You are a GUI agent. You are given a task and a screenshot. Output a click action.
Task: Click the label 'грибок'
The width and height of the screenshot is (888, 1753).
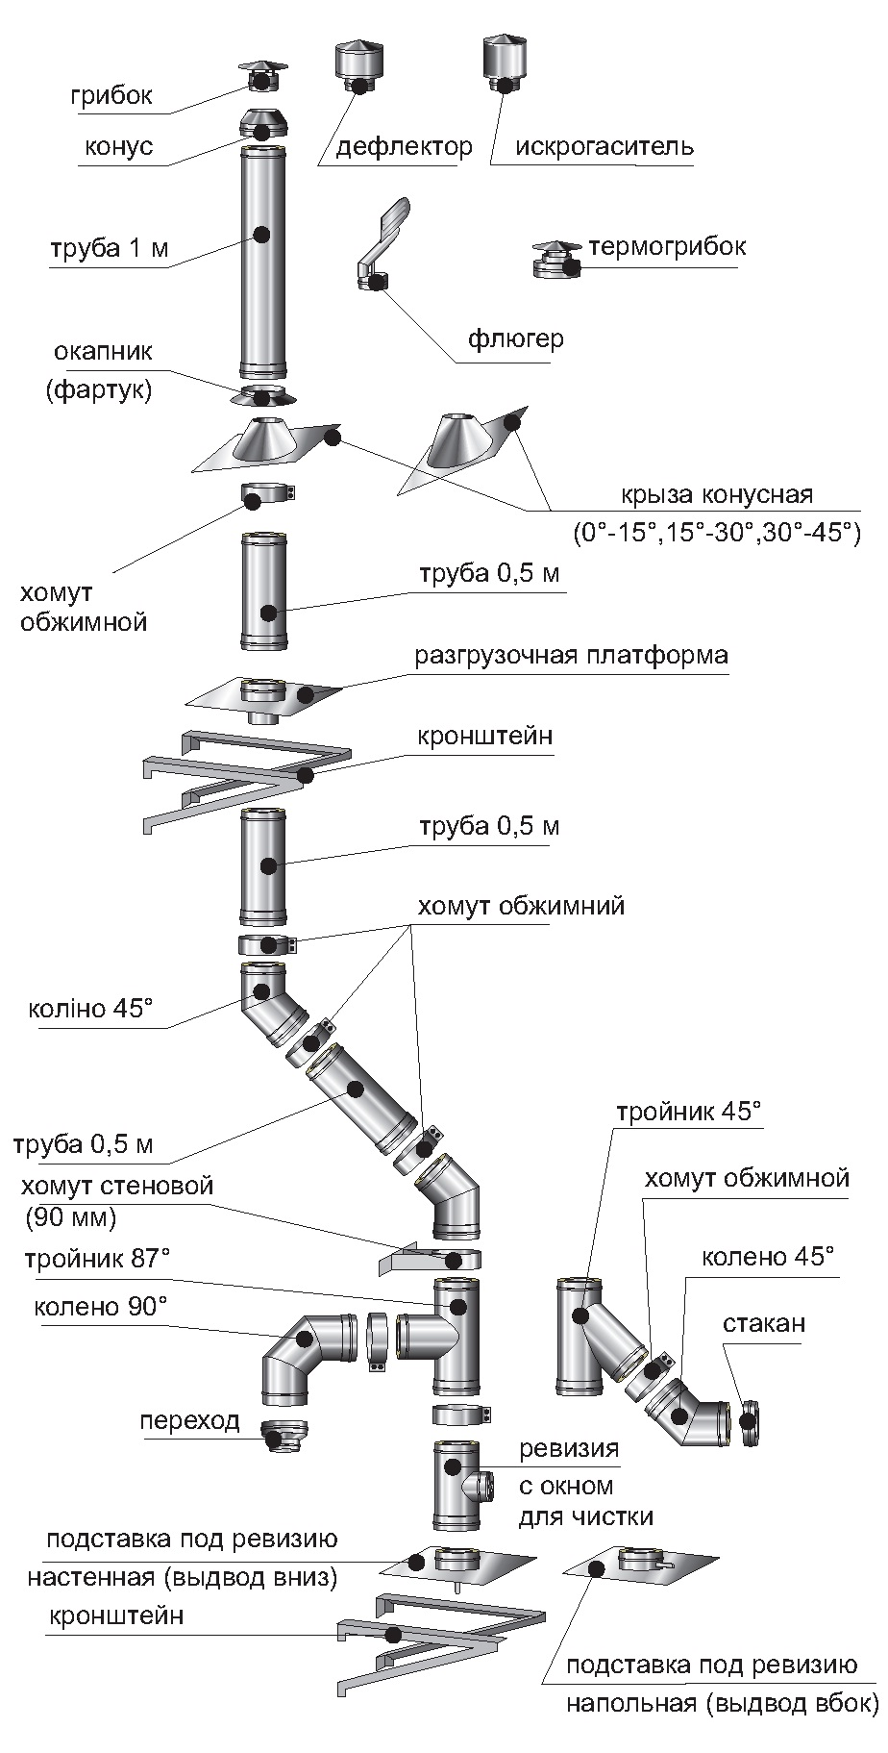tap(111, 96)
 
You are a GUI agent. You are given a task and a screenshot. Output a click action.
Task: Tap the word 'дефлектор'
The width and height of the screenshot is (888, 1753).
tap(404, 147)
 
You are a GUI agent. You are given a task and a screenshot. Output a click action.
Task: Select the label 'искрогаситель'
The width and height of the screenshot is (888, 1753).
tap(604, 147)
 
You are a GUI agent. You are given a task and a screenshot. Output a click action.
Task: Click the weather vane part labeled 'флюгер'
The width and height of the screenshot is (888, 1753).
tap(381, 245)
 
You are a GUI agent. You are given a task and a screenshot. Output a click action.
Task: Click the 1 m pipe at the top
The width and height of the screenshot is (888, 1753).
tap(261, 260)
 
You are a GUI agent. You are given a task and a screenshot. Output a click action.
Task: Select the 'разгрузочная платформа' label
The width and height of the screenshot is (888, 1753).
tap(571, 656)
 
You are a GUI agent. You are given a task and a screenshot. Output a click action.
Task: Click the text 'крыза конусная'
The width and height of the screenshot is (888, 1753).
tap(716, 495)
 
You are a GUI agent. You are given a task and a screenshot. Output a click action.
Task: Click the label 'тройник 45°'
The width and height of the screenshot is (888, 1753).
tap(688, 1112)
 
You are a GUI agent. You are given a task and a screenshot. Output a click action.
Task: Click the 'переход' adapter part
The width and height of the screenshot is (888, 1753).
tap(284, 1437)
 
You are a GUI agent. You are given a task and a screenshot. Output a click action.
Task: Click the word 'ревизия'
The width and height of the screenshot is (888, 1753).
tap(569, 1448)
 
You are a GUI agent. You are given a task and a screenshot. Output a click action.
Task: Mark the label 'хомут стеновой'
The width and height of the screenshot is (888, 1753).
tap(117, 1186)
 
